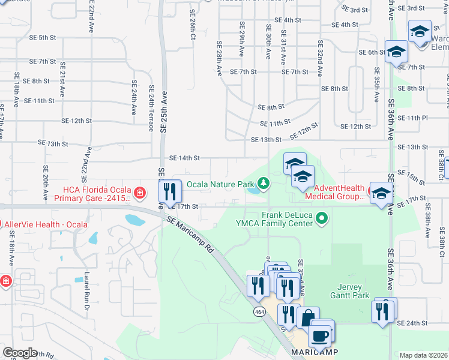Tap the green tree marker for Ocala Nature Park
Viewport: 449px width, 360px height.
[262, 183]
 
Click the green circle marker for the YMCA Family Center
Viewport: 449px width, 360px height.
[322, 218]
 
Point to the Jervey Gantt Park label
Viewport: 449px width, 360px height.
[349, 291]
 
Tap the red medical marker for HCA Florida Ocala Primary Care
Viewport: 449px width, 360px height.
[140, 193]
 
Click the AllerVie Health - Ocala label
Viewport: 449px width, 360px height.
[46, 224]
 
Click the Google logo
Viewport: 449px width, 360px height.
[20, 353]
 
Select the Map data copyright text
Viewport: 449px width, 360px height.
[423, 355]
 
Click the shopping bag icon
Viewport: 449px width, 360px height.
[308, 318]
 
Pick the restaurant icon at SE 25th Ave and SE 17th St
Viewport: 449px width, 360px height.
[170, 191]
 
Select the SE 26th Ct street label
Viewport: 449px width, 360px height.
[193, 24]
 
